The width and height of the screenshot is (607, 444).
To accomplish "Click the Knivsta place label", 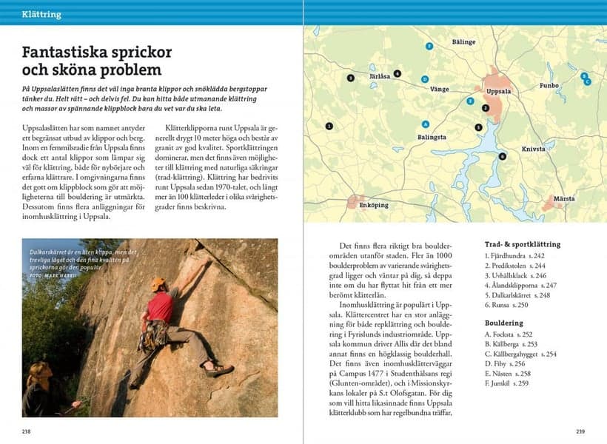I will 533,149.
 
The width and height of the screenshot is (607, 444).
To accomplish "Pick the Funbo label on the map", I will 549,86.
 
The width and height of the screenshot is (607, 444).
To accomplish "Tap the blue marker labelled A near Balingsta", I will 425,124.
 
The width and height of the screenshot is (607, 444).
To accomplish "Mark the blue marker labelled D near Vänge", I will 424,78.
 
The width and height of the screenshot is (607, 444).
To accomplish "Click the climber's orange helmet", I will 158,284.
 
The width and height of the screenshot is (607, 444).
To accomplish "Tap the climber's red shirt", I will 160,306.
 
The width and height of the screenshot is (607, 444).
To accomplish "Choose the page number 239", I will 579,430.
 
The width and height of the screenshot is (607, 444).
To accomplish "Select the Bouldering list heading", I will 503,323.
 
